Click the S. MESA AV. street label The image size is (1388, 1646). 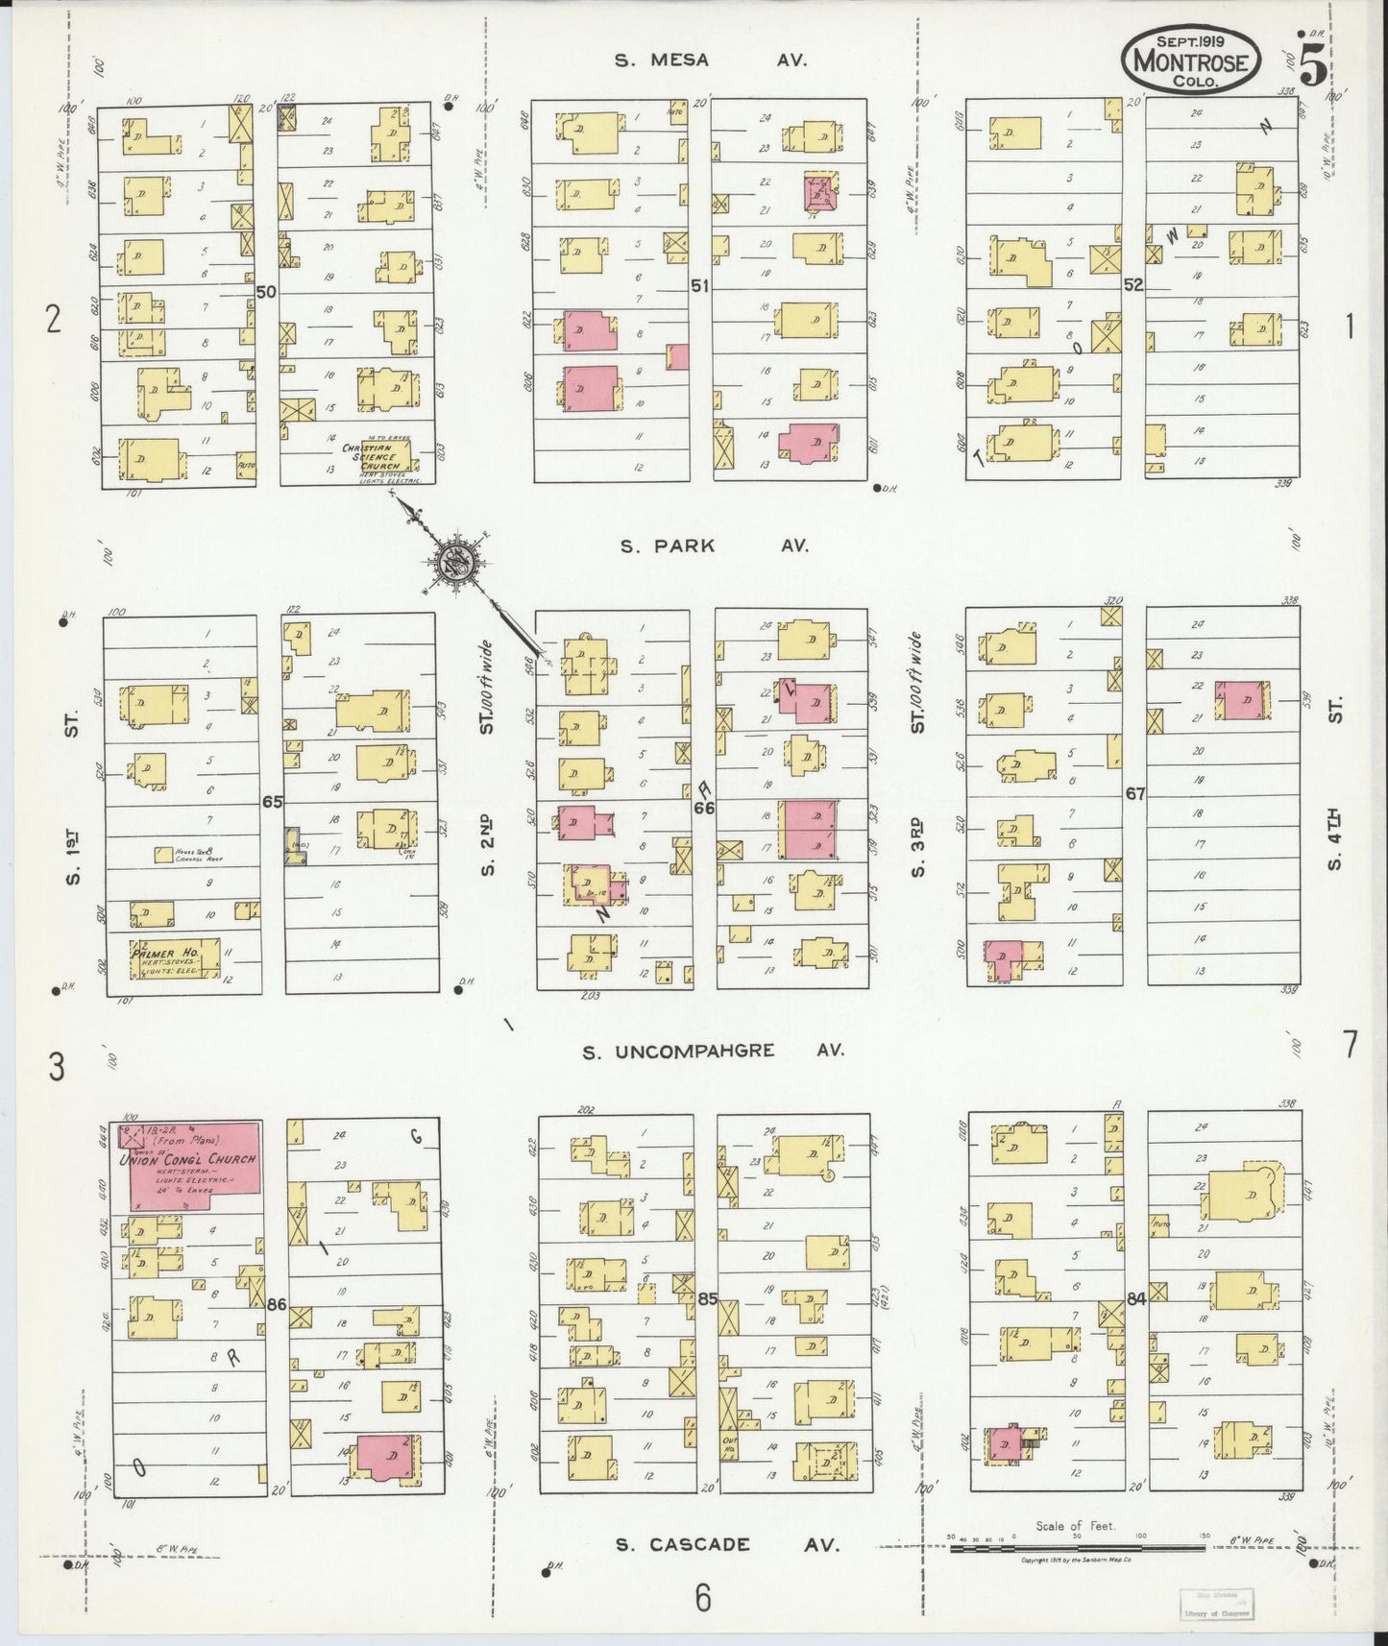[711, 60]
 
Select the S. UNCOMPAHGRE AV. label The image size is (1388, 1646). [714, 1051]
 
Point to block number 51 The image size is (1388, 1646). [699, 285]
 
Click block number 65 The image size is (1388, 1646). [273, 801]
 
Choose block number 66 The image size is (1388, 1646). [704, 809]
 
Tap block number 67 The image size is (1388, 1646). [1135, 794]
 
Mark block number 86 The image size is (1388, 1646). [278, 1305]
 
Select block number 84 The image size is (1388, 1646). [1137, 1299]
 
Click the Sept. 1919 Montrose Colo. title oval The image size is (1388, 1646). [1191, 61]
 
